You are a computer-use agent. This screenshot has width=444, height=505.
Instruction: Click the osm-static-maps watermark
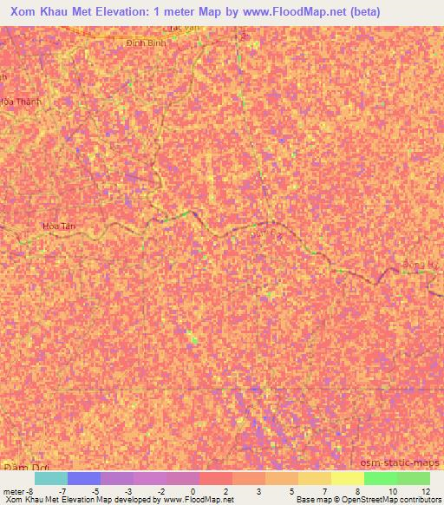pos(399,464)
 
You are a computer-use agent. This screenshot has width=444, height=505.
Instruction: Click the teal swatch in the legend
pos(50,478)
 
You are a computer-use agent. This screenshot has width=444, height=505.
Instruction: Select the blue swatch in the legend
pos(84,478)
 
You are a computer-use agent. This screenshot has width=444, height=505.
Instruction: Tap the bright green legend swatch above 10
pos(380,478)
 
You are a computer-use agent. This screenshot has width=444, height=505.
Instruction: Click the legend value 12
pos(425,491)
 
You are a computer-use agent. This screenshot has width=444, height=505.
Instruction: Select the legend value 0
pos(193,491)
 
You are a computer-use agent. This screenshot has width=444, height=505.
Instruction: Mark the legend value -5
pos(94,491)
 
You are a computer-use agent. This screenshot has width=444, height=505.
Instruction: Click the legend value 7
pos(325,491)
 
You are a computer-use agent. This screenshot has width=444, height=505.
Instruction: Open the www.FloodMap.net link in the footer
pos(192,500)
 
